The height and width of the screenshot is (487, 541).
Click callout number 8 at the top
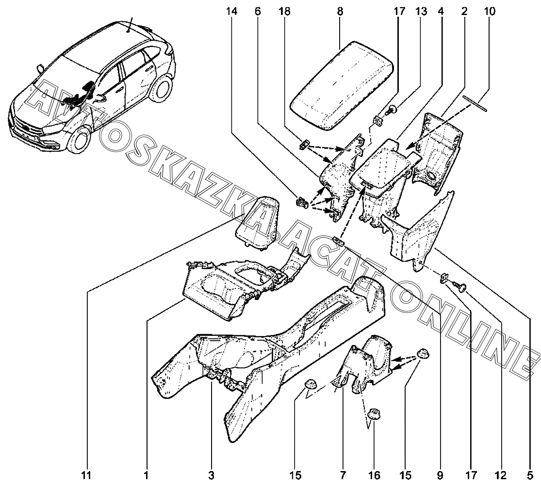point(340,11)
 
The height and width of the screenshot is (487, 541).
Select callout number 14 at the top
point(232,11)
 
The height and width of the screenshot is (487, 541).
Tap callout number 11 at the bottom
point(86,476)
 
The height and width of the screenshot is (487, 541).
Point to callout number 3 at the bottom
point(211,476)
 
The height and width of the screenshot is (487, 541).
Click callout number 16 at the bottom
point(375,476)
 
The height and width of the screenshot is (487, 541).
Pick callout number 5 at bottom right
point(530,476)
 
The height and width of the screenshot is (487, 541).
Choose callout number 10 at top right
point(490,11)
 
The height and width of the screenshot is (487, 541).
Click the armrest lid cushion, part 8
point(342,86)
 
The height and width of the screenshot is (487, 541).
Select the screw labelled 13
point(392,110)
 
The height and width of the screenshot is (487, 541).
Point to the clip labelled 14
point(301,202)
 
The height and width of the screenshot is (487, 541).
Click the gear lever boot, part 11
point(257,222)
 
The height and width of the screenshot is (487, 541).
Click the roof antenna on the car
point(129,24)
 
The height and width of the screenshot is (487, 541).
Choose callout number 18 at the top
point(285,11)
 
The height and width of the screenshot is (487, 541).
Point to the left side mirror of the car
point(40,69)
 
